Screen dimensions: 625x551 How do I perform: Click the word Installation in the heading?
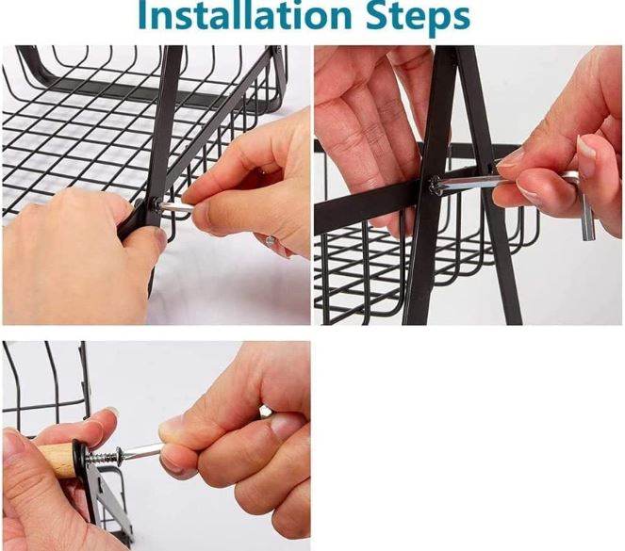tap(245, 15)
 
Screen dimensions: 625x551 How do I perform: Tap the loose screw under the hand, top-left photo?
tap(270, 240)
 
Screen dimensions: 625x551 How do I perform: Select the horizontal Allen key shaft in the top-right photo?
tap(470, 182)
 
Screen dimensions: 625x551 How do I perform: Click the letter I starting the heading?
tap(142, 14)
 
